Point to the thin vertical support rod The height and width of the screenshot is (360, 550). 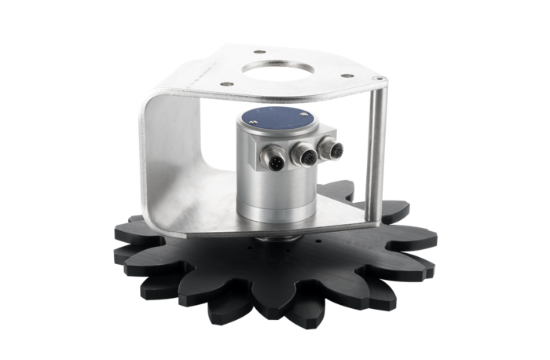379,149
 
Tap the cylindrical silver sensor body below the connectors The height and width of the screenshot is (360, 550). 271,185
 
